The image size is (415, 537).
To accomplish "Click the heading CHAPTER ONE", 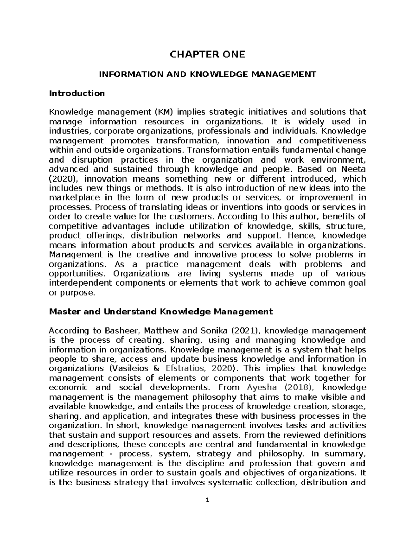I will coord(207,54).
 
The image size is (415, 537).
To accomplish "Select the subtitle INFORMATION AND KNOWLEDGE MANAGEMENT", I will coord(207,74).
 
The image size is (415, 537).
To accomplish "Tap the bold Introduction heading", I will coord(77,93).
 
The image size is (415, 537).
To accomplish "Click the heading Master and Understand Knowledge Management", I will coord(161,311).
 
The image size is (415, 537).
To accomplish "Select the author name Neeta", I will coord(353,169).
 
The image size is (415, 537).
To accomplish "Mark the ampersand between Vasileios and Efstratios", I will coord(159,368).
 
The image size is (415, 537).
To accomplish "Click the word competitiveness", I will coord(332,141).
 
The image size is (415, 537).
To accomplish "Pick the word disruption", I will coord(92,160).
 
